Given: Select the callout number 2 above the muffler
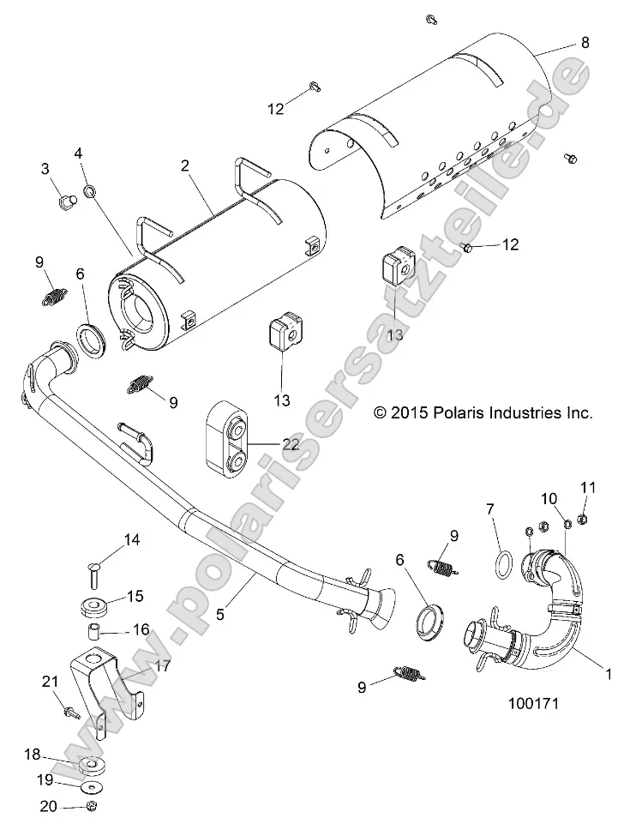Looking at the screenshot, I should tap(184, 165).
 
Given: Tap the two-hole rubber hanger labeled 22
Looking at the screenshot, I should tap(227, 438).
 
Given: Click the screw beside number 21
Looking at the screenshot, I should tap(69, 711).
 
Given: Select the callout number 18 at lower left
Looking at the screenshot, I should tap(33, 754).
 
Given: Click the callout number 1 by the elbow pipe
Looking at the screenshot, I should tap(609, 676).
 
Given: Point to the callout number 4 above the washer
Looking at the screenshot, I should tap(79, 153).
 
